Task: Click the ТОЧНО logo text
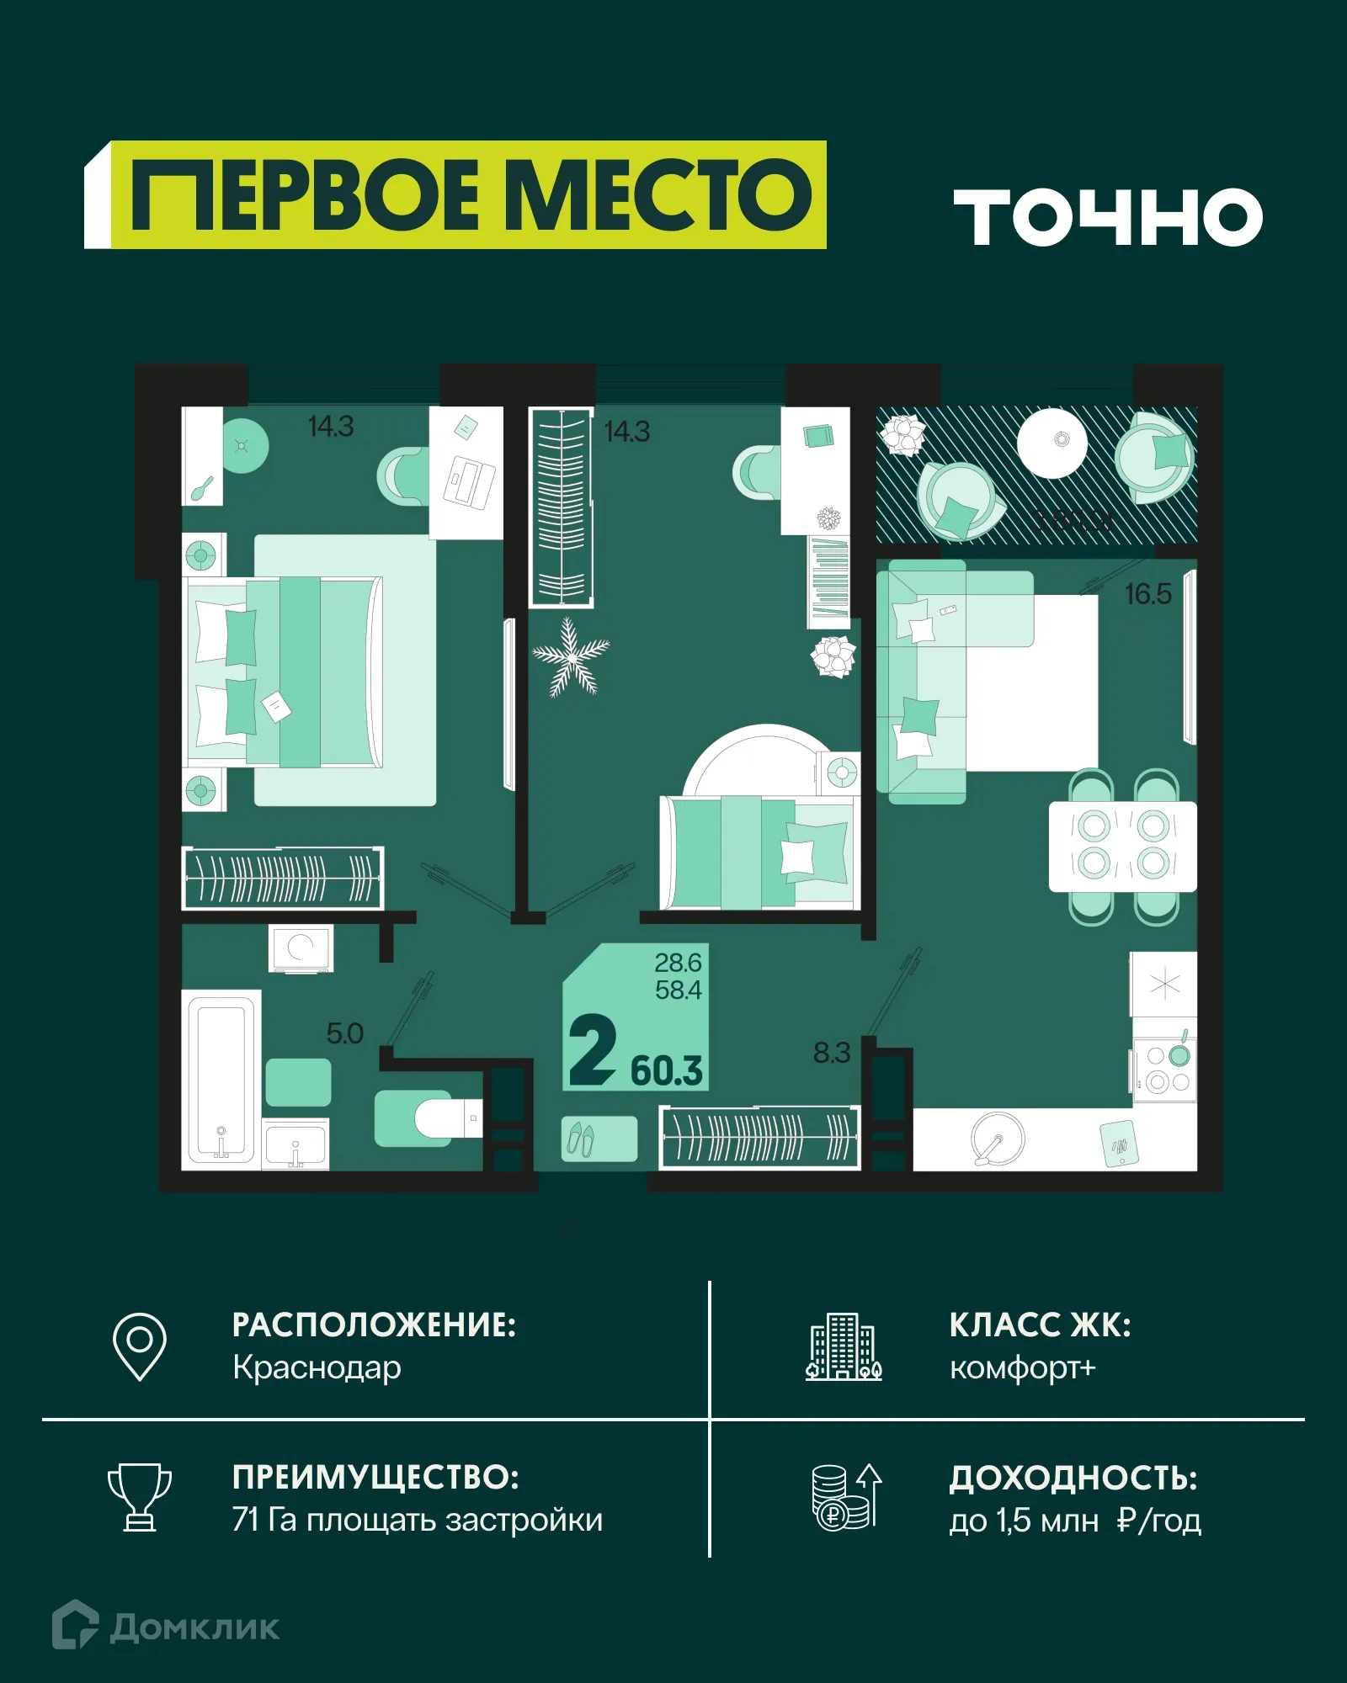[x=1107, y=217]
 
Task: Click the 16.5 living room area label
[x=1147, y=594]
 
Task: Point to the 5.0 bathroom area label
[x=344, y=1033]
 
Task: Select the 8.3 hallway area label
[x=831, y=1053]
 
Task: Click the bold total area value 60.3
[x=666, y=1070]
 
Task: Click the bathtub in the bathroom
[x=221, y=1079]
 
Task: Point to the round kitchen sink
[x=998, y=1139]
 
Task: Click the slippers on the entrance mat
[x=581, y=1139]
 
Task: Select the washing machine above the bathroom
[x=301, y=948]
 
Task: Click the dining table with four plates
[x=1122, y=846]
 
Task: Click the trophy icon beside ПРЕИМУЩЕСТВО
[x=140, y=1497]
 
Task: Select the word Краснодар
[x=317, y=1368]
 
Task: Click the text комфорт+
[x=1022, y=1368]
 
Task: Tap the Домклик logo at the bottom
[x=166, y=1627]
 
